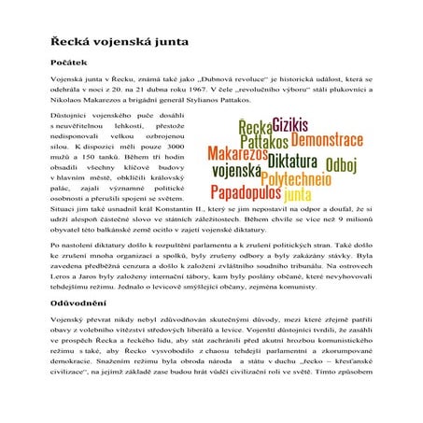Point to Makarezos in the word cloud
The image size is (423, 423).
(237, 154)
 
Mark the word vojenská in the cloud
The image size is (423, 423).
(235, 173)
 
